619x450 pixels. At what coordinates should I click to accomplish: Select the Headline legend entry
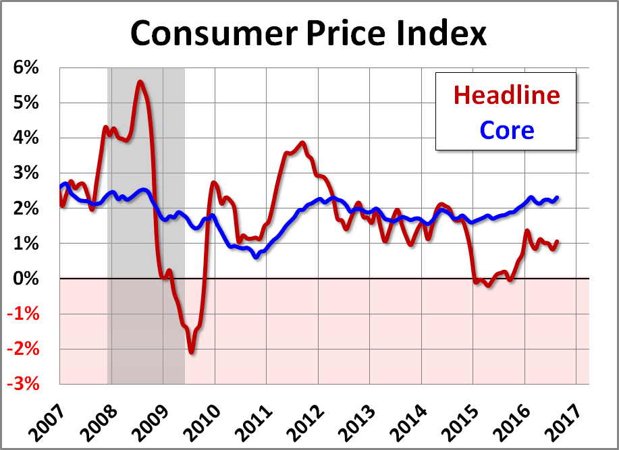[x=506, y=94]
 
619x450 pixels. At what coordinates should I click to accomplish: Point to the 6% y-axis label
[x=24, y=67]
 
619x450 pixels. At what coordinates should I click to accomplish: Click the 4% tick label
[x=24, y=138]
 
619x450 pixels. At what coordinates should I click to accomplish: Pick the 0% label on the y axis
[x=24, y=278]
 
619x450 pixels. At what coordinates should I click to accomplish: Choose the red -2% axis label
[x=22, y=349]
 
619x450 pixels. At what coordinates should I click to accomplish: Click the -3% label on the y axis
[x=22, y=384]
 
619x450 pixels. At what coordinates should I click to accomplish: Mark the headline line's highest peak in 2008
[x=140, y=82]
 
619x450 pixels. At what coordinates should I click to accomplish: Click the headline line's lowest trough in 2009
[x=192, y=351]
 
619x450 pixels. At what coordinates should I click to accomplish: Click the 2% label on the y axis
[x=24, y=208]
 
